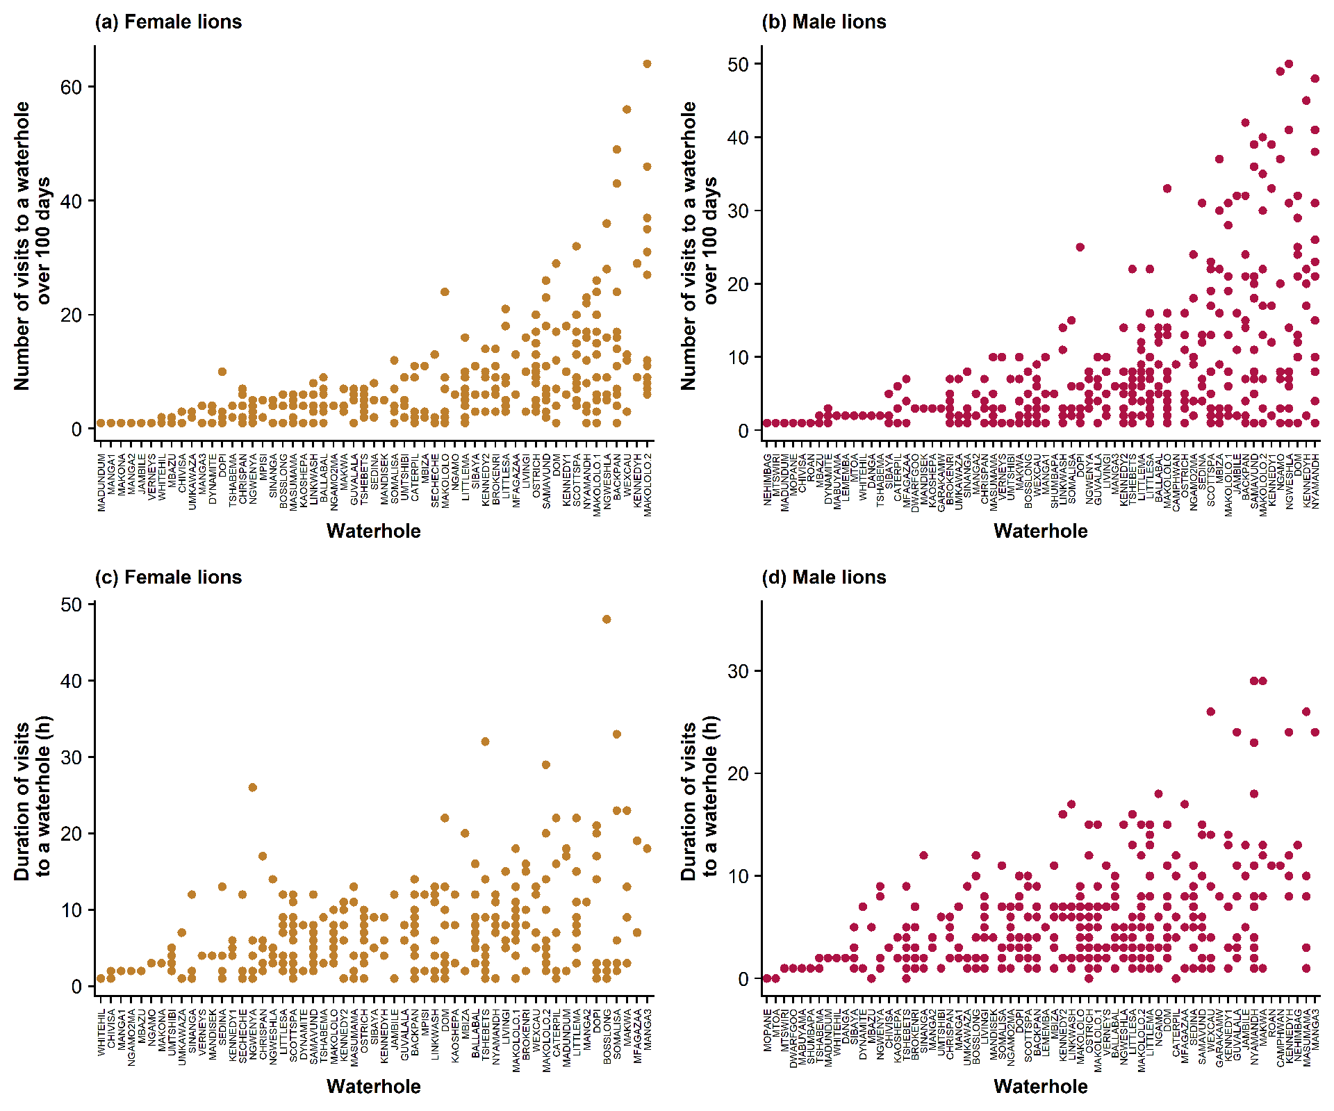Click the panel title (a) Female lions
coord(168,22)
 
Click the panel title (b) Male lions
coord(824,22)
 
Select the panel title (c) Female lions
coord(168,577)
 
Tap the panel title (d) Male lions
coord(824,577)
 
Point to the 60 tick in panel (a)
coord(72,87)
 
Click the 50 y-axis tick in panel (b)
coord(739,64)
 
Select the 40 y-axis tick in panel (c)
coord(72,681)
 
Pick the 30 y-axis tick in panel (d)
coord(739,671)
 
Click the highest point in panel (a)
coord(647,64)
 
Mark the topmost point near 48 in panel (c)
coord(607,619)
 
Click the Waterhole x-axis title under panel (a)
coord(374,532)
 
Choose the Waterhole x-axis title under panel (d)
coord(1041,1087)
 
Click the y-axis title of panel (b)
coord(698,245)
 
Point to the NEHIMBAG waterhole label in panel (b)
coord(768,480)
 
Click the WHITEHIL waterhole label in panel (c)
coord(101,1032)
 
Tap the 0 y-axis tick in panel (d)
coord(744,978)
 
